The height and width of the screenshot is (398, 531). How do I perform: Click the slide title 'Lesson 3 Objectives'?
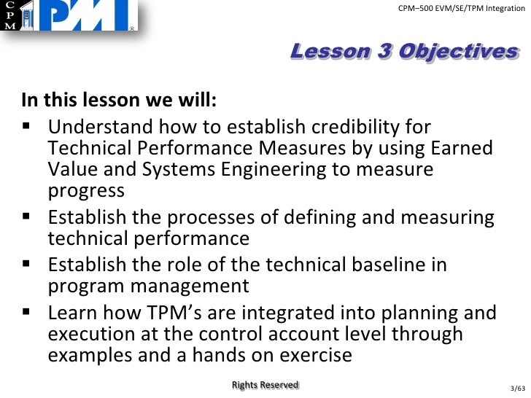[404, 52]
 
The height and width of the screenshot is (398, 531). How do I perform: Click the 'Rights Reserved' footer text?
[265, 385]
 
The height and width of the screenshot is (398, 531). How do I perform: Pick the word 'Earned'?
[460, 149]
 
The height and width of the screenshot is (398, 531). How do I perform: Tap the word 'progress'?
[86, 191]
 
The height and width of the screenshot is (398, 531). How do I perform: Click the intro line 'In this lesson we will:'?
[119, 98]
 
